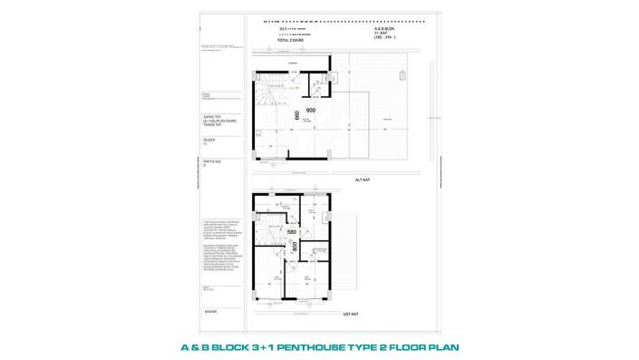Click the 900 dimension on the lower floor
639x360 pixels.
tap(310, 110)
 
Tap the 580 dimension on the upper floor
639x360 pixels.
tap(292, 232)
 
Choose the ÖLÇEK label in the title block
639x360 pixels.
tap(208, 139)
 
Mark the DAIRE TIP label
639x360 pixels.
tap(210, 116)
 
